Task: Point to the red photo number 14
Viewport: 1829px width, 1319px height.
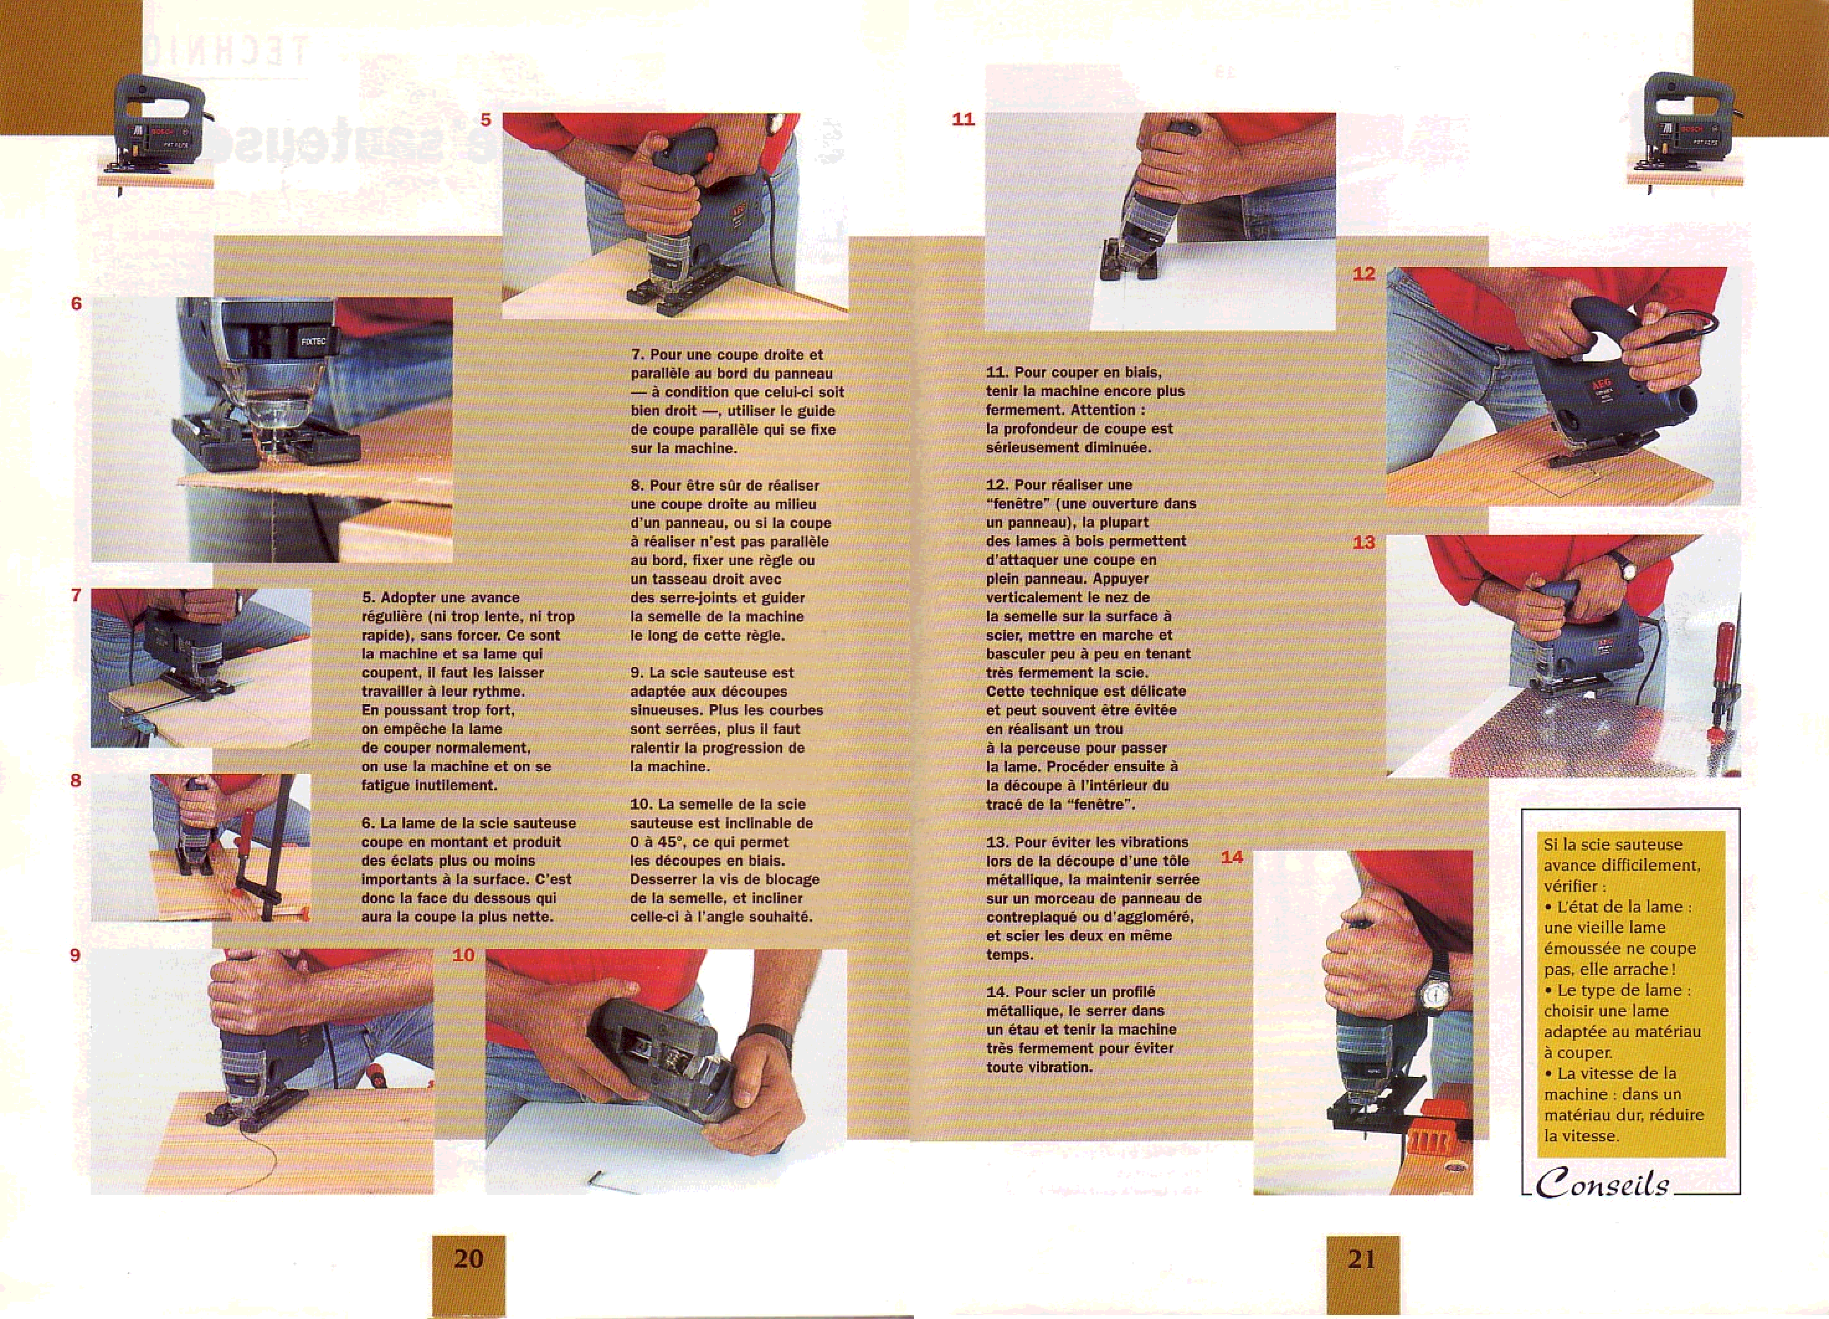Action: [x=1232, y=857]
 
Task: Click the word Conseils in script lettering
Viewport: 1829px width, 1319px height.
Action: [x=1602, y=1184]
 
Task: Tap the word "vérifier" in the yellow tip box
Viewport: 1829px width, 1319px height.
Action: [x=1566, y=886]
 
